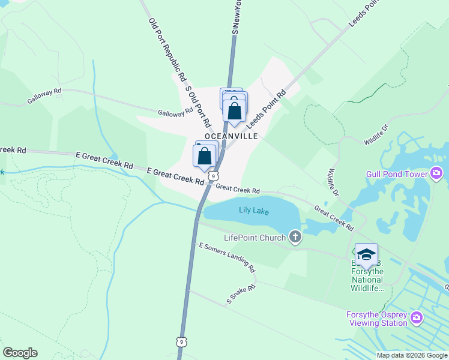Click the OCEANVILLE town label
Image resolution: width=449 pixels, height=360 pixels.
pos(231,136)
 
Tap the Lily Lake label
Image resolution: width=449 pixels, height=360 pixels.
pos(254,211)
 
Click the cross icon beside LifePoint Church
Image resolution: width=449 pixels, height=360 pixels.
pos(295,237)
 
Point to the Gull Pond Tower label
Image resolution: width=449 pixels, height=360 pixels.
pos(396,175)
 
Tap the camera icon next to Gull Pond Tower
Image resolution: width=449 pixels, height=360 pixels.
pos(436,174)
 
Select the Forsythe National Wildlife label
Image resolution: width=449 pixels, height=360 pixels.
pos(367,276)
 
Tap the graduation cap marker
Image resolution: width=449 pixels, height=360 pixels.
pos(366,254)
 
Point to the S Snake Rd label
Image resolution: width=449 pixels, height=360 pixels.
pos(241,295)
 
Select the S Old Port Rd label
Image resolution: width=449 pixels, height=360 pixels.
pos(199,104)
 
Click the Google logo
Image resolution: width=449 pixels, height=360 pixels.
pos(20,353)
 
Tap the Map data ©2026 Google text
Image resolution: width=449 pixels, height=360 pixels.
pos(412,355)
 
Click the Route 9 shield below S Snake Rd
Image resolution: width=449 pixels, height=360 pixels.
pos(181,341)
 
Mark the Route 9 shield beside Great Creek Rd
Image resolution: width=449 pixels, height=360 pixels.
pos(213,176)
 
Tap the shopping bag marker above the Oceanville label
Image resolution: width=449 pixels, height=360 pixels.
pos(234,110)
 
